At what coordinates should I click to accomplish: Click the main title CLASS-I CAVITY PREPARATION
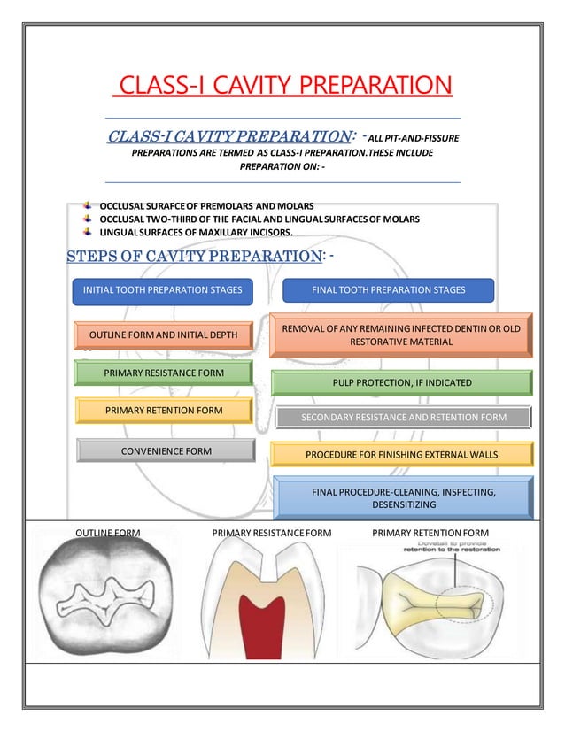pyautogui.click(x=282, y=87)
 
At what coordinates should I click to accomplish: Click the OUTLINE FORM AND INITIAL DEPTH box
pyautogui.click(x=164, y=335)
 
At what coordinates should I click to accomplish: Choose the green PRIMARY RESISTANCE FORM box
pyautogui.click(x=164, y=373)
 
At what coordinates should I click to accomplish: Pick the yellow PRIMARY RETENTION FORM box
pyautogui.click(x=164, y=411)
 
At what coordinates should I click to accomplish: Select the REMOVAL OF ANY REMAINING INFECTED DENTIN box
pyautogui.click(x=400, y=335)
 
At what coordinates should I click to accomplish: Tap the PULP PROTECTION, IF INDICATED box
pyautogui.click(x=400, y=383)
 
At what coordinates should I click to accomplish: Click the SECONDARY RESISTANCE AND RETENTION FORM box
pyautogui.click(x=403, y=417)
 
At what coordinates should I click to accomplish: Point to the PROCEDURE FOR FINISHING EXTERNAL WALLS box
pyautogui.click(x=401, y=455)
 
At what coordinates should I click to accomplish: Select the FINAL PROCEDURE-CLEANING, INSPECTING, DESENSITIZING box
pyautogui.click(x=404, y=496)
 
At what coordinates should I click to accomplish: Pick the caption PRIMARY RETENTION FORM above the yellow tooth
pyautogui.click(x=430, y=533)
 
